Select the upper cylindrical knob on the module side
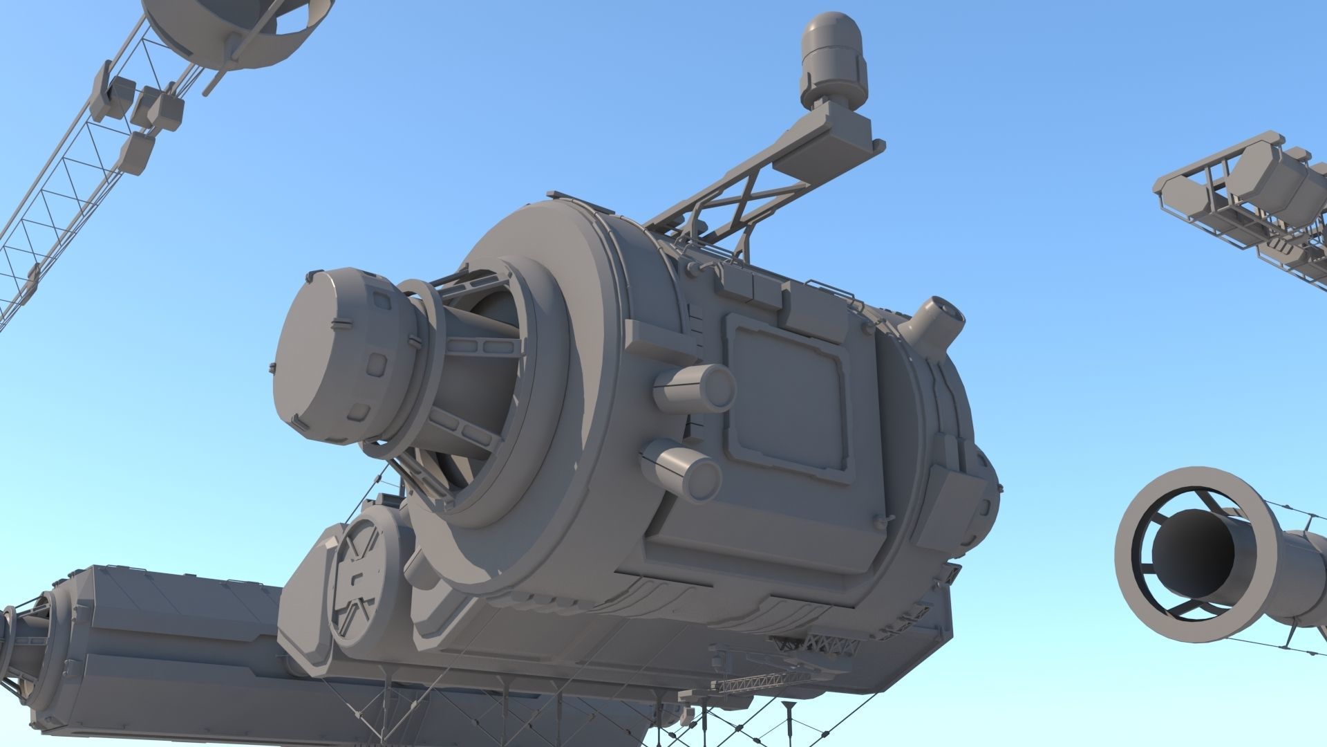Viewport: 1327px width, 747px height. coord(695,387)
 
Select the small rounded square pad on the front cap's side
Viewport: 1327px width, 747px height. coord(377,364)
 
